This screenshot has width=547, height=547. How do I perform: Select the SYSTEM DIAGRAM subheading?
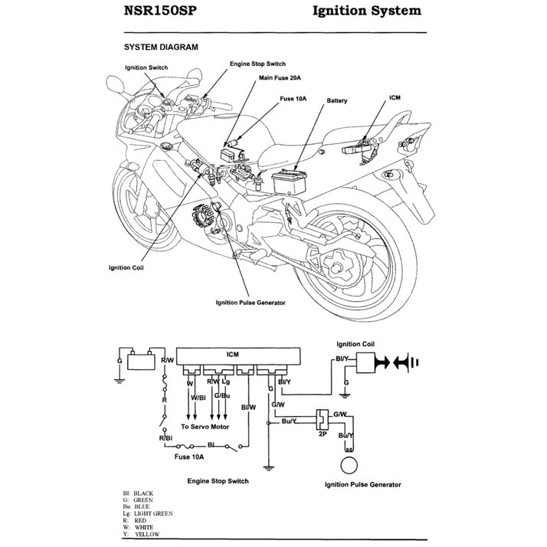pos(161,47)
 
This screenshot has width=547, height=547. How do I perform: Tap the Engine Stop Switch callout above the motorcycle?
pos(257,64)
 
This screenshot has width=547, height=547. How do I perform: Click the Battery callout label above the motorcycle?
pos(338,100)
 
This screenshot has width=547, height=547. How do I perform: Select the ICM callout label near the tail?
pos(395,98)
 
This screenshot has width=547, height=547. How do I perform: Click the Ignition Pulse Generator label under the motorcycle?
pos(251,303)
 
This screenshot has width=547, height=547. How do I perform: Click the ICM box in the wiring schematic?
pos(233,355)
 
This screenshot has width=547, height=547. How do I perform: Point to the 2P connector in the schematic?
pos(322,421)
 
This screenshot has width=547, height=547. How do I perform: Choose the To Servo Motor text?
pos(205,425)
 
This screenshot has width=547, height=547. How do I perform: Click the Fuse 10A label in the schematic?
pos(188,457)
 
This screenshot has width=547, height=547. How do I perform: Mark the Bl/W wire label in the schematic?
pos(247,407)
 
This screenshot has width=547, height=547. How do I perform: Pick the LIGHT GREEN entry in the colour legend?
pos(152,513)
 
